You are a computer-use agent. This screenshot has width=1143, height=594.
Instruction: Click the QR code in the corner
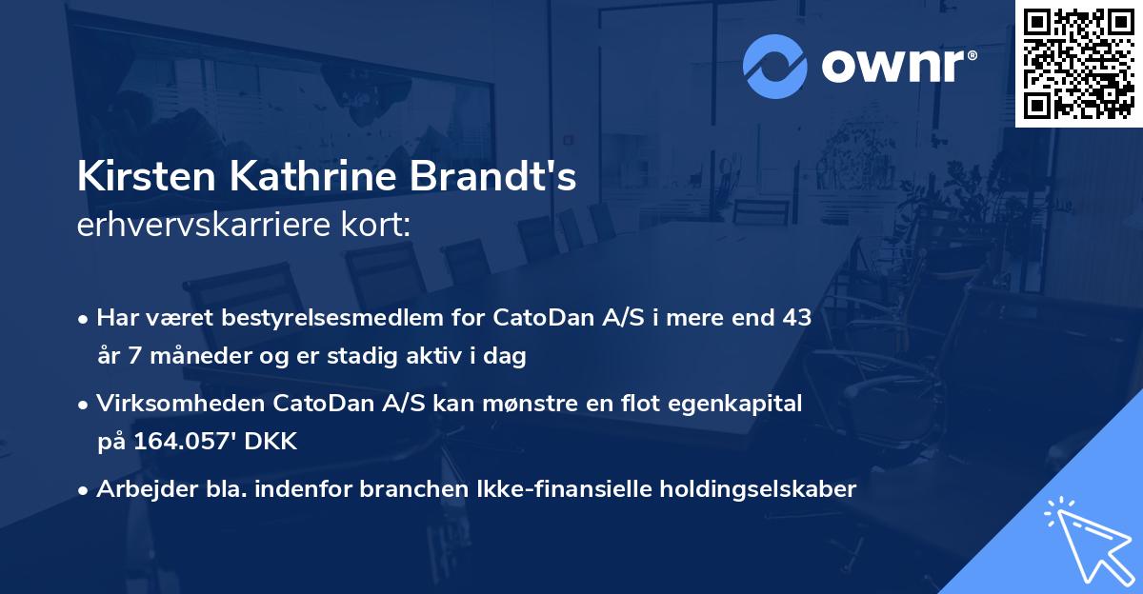click(x=1079, y=64)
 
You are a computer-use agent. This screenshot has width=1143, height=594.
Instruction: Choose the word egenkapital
click(x=736, y=404)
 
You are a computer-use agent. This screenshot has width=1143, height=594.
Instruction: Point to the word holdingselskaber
click(x=751, y=489)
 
